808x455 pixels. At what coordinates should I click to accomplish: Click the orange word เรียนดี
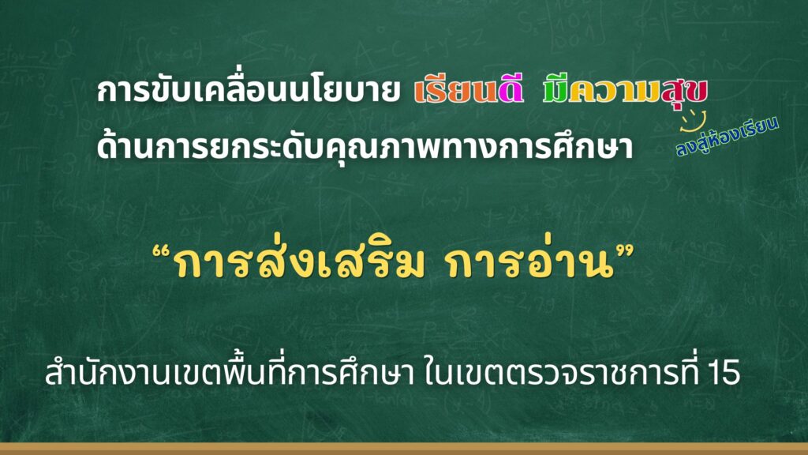click(x=469, y=90)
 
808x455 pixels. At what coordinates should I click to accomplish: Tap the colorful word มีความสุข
click(x=625, y=92)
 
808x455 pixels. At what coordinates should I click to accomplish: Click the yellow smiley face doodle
click(x=693, y=120)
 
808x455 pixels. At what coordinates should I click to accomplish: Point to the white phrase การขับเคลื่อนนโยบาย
click(x=249, y=90)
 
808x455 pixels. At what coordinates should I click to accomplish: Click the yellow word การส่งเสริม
click(x=299, y=262)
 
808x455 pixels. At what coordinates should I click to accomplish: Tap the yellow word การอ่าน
click(x=531, y=262)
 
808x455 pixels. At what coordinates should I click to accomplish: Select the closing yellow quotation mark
click(x=625, y=253)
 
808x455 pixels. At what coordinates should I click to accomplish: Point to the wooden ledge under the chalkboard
click(x=404, y=449)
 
